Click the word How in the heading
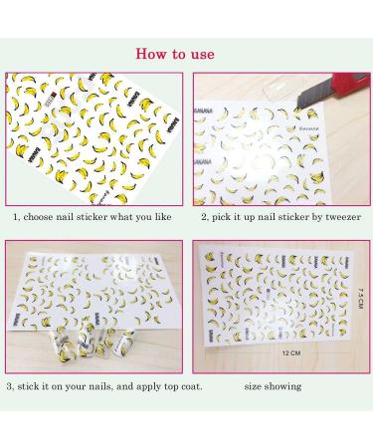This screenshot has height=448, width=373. click(x=151, y=52)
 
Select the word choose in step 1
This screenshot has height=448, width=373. click(x=47, y=214)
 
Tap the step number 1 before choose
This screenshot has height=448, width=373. click(x=16, y=214)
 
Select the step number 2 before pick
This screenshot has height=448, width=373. click(x=204, y=214)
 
